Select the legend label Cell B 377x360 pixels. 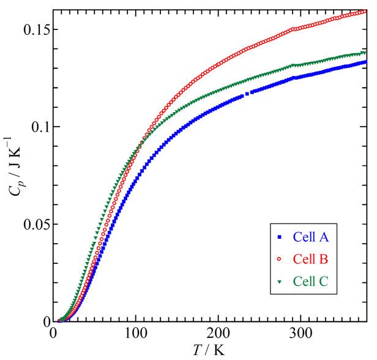(x=311, y=259)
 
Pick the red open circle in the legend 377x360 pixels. (x=280, y=259)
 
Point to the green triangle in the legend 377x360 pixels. (x=280, y=282)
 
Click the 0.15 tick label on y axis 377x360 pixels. (x=29, y=29)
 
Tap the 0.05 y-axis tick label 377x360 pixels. (x=29, y=224)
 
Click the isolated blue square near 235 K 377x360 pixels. (x=247, y=94)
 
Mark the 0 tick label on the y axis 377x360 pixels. (x=45, y=321)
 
